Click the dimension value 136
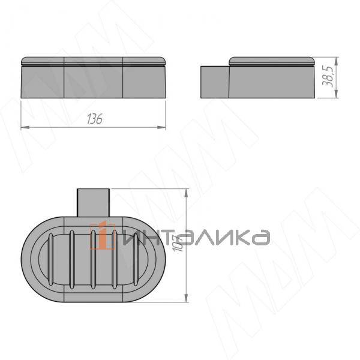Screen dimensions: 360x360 pos(94,119)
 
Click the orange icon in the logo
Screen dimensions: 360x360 pos(103,236)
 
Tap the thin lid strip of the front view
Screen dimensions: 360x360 pos(93,61)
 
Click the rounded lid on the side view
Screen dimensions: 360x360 pos(273,61)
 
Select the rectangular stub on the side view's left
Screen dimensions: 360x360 pos(214,82)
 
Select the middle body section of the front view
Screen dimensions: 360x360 pos(93,81)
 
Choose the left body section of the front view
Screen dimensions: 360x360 pos(43,81)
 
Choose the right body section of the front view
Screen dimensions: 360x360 pos(144,81)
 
